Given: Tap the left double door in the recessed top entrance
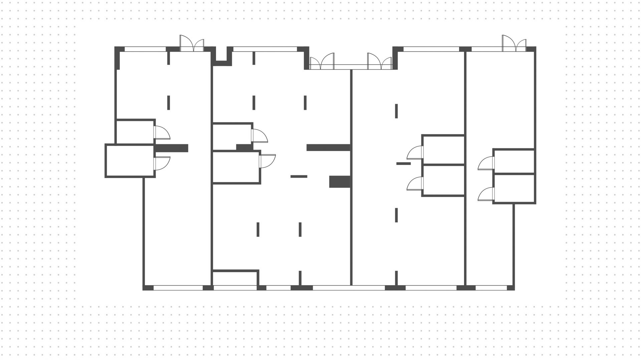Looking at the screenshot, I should coord(322,62).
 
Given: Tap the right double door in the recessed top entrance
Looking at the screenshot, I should coord(380,62).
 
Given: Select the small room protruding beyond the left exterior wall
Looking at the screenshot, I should coord(130,161).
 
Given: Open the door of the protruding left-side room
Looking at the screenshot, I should coord(162,163).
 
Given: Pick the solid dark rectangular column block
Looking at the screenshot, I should coord(340,182).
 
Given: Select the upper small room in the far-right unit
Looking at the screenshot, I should coord(514,162).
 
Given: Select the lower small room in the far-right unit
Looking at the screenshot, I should coord(514,188).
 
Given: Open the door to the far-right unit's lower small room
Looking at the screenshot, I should coord(486,194).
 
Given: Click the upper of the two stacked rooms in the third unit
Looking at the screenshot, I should coord(443,150).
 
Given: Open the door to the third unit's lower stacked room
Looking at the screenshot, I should coord(415,183).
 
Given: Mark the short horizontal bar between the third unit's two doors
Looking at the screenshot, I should coord(403,164).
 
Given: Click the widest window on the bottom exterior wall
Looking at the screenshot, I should coord(349,288).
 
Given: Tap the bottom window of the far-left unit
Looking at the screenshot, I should coord(178,288).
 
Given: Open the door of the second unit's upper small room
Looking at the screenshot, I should coord(259,136).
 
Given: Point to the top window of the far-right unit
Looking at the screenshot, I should coord(487,49).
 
